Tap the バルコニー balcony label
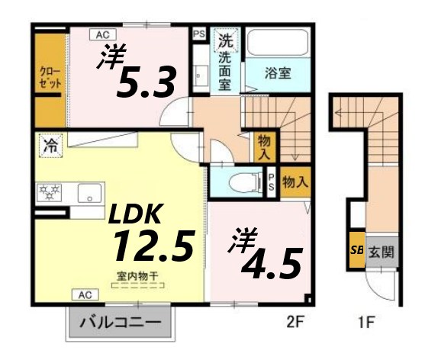point(121,323)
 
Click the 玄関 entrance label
point(382,252)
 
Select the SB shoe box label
point(356,251)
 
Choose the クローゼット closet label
point(50,78)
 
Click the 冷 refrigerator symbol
point(50,143)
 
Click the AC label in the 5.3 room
point(102,34)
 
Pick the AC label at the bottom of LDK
point(84,294)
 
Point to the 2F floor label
point(295,322)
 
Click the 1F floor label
point(366,322)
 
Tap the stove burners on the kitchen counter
point(48,193)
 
